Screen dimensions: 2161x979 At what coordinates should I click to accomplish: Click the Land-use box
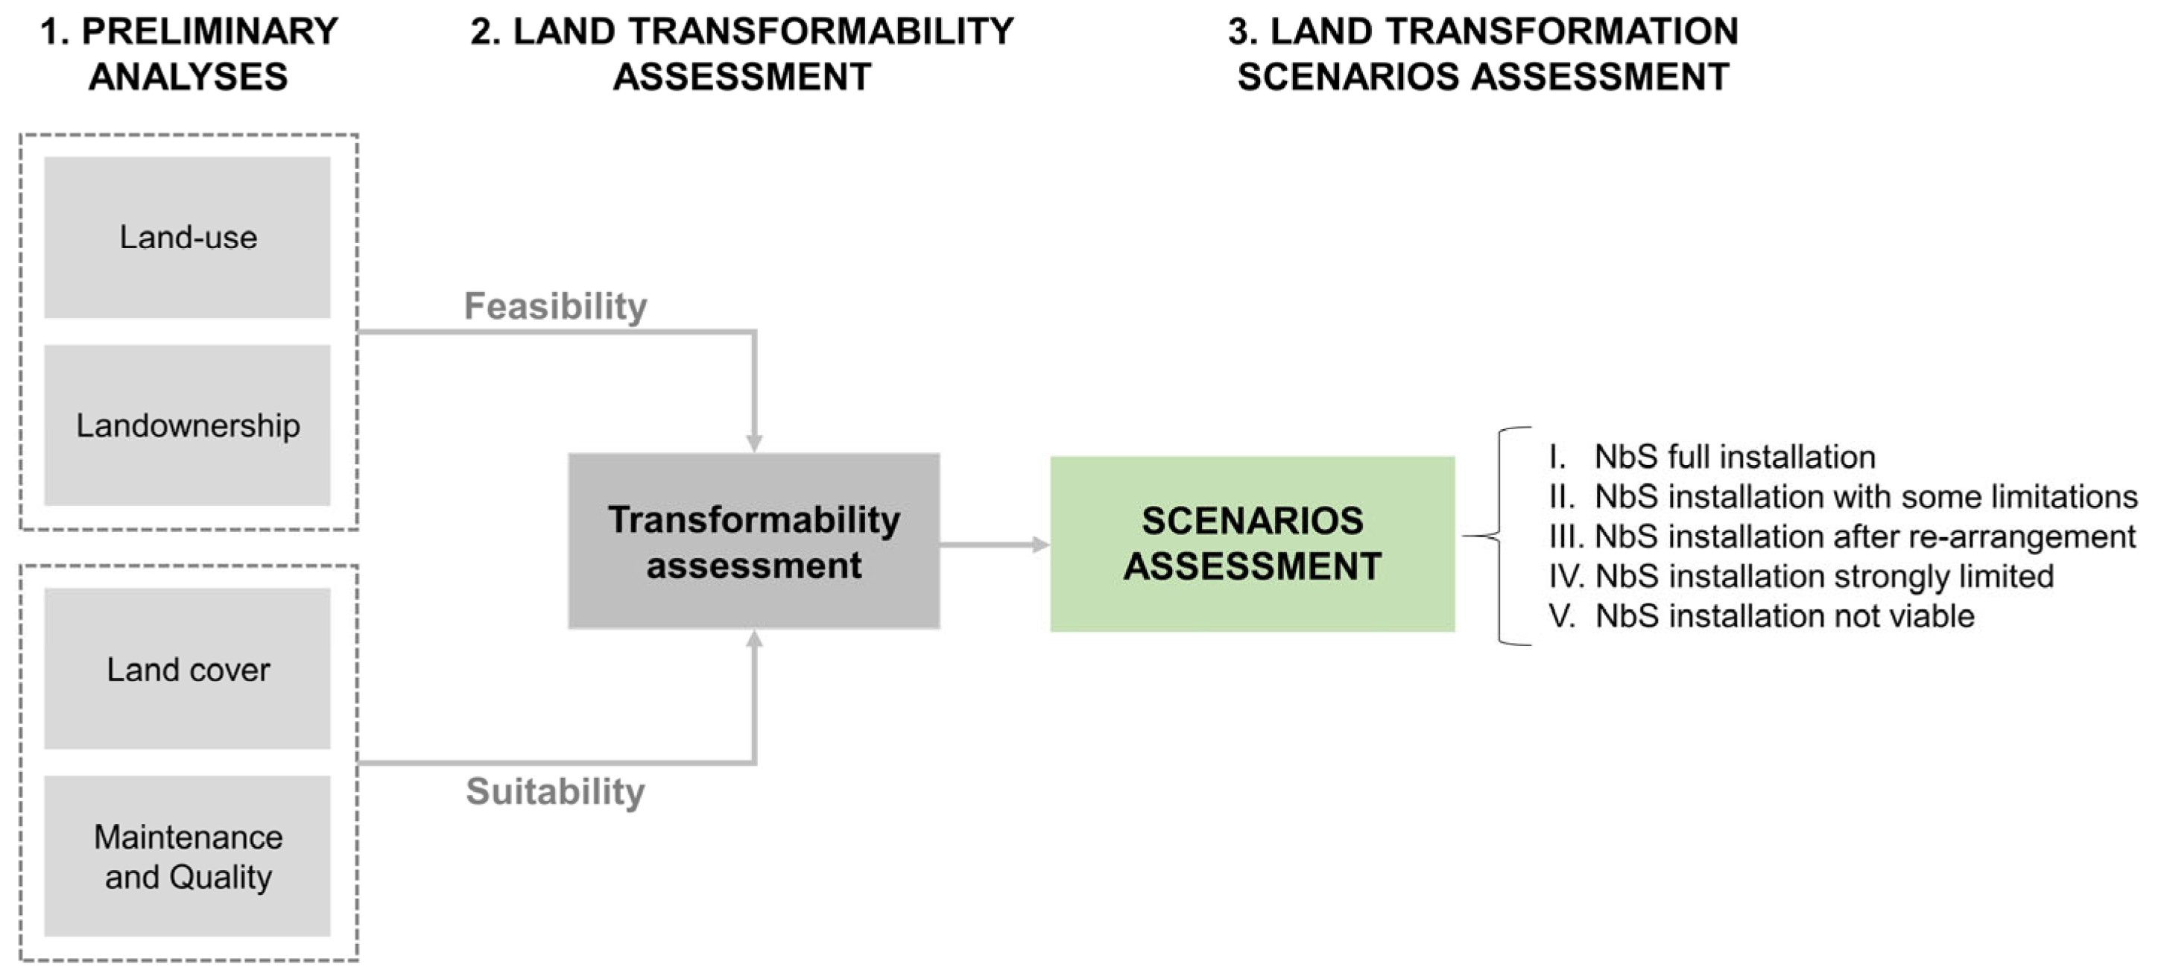187,238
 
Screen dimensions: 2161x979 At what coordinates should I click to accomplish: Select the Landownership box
187,425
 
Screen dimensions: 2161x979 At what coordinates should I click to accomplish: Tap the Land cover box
187,668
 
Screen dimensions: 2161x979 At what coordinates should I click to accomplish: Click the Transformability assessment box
753,542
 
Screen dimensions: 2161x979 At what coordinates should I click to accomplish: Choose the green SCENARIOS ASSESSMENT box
1253,544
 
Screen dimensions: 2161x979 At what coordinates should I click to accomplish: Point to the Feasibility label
555,306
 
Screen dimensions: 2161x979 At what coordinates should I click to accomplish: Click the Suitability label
555,791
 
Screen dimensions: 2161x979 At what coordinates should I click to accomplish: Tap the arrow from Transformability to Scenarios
995,545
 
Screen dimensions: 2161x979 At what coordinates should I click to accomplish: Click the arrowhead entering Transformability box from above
754,444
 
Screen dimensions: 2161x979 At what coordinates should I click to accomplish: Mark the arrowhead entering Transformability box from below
754,639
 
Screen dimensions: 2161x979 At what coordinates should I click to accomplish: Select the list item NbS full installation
1712,457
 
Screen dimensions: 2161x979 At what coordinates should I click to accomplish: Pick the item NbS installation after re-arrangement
1842,536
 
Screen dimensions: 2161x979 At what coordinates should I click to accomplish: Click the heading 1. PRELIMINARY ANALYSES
189,54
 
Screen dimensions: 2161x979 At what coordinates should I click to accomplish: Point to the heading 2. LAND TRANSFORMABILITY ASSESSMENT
742,54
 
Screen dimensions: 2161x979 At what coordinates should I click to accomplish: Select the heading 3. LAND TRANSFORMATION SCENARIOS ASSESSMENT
1483,54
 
